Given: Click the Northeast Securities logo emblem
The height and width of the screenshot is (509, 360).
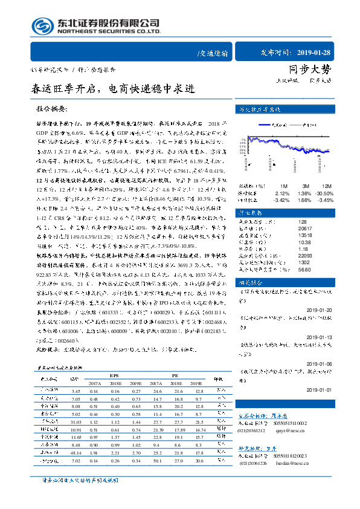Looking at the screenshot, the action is click(43, 25).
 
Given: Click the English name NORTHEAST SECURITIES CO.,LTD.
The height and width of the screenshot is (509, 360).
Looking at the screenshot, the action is click(109, 32).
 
